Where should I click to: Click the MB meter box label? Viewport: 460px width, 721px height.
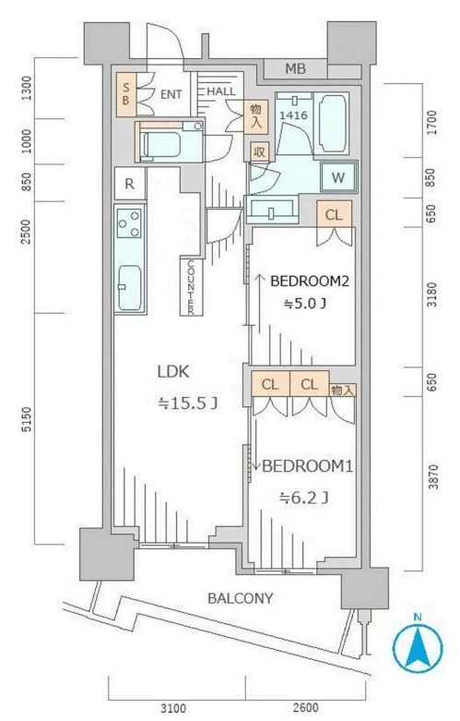[295, 69]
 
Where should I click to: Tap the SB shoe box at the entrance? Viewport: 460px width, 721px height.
[125, 94]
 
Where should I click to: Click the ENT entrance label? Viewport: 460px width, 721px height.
[171, 94]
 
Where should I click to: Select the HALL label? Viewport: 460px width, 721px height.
[221, 91]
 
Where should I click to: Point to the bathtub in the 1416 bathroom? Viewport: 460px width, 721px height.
[332, 123]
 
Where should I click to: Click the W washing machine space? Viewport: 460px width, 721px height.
[338, 177]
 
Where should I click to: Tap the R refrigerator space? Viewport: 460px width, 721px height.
[130, 184]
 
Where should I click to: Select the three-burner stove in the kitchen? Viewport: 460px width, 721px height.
[129, 223]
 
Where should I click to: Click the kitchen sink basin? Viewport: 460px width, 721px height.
[129, 287]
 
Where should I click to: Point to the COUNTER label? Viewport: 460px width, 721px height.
[191, 287]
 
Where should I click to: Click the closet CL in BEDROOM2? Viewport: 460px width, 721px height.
[335, 214]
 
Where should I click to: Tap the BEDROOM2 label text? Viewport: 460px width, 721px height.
[310, 281]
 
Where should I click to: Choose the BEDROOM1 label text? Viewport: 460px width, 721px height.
[307, 466]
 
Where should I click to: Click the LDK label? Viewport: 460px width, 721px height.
[173, 371]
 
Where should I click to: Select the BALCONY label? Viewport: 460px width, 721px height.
[240, 598]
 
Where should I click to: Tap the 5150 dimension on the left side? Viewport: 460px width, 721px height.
[27, 419]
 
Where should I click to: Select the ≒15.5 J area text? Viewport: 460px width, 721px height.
[187, 403]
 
